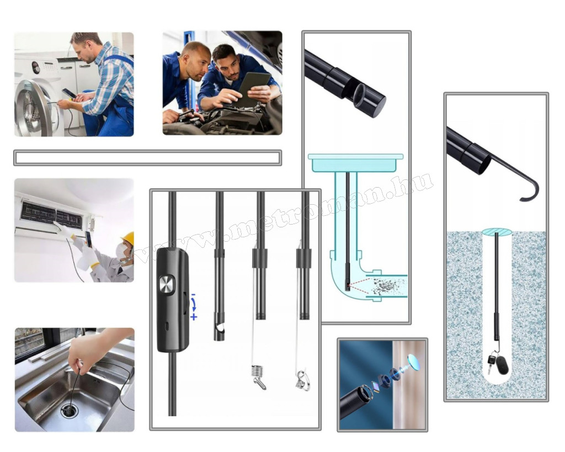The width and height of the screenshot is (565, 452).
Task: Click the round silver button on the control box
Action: click(x=167, y=285)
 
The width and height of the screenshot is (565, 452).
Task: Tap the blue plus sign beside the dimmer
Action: click(x=194, y=317)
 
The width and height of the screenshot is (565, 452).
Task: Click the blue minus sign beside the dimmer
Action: click(x=193, y=295)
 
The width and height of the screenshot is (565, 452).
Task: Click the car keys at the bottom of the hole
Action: click(x=497, y=363)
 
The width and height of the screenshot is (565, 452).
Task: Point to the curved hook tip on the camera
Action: click(x=530, y=190)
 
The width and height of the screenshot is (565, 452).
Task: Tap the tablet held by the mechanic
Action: click(x=254, y=89)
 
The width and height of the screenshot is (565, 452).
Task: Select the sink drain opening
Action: click(x=69, y=410)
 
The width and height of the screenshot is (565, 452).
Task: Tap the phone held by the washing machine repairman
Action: click(x=68, y=93)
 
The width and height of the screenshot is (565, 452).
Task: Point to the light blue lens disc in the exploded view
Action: click(x=414, y=363)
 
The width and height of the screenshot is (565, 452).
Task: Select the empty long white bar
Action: click(x=148, y=158)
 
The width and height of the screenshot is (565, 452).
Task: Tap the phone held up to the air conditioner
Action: click(x=88, y=239)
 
